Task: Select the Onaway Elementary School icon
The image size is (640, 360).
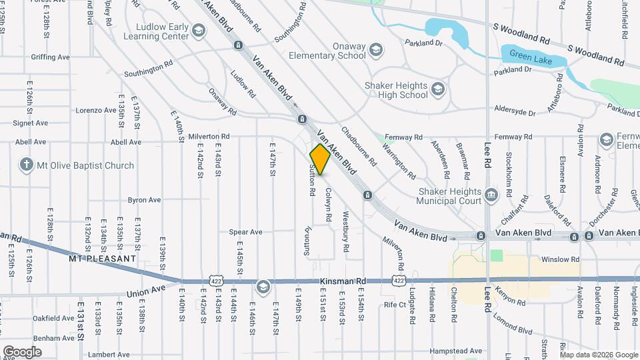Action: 377,50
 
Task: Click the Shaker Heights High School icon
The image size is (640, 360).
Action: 438,89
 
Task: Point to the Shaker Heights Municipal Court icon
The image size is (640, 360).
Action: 492,195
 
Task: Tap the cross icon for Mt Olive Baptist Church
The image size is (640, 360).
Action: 27,165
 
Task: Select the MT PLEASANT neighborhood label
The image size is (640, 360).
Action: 103,257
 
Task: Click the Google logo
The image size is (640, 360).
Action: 22,351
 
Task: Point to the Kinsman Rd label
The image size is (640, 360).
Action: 343,282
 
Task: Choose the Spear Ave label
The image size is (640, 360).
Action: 246,232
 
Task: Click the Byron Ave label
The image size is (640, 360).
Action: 144,199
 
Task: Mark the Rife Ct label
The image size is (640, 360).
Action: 395,305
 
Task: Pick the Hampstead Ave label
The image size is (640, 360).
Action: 456,351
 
